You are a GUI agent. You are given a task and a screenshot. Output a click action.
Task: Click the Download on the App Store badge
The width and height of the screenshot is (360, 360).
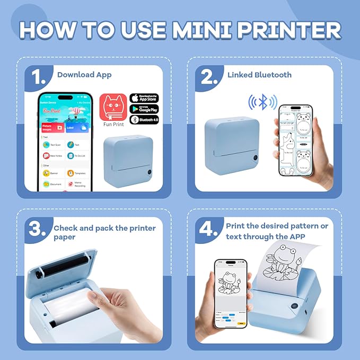pos(144,98)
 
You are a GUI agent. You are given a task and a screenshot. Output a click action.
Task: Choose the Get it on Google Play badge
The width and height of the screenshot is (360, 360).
pos(144,109)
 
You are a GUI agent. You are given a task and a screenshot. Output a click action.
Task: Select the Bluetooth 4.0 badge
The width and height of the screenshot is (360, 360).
pos(144,120)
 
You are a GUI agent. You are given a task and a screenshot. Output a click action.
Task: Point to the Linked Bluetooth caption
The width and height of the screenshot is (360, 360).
pos(259,75)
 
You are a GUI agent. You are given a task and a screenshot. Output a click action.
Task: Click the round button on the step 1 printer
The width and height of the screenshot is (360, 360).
pos(148,172)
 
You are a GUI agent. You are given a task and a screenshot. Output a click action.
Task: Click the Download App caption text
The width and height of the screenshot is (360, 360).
pos(84,75)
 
